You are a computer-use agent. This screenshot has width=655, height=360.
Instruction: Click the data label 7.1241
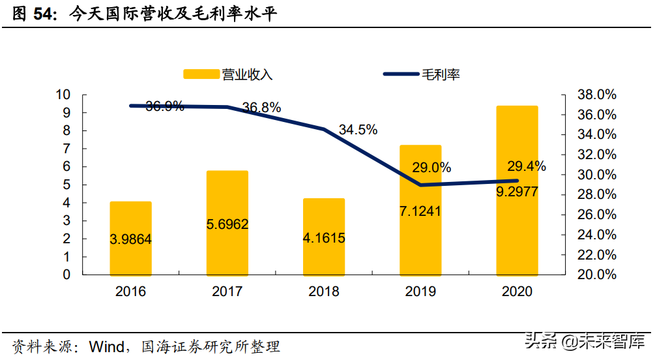[x=420, y=211]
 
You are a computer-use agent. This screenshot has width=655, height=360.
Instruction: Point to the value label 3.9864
[x=130, y=239]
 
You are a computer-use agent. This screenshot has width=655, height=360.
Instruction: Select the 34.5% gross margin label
[x=358, y=130]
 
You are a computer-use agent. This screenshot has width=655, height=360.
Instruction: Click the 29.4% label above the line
[x=527, y=166]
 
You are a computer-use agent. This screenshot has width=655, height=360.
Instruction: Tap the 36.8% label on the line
[x=261, y=108]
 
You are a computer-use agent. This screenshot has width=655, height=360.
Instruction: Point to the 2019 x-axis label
[x=420, y=292]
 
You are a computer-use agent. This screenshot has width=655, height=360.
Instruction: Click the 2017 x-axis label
[x=227, y=292]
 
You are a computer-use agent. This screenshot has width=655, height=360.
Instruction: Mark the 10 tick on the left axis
[x=63, y=95]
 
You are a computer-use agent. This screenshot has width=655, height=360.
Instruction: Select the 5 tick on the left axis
[x=66, y=185]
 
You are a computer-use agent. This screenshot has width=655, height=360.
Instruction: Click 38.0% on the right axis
[x=596, y=95]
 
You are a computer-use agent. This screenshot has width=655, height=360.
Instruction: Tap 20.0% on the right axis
[x=596, y=275]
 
